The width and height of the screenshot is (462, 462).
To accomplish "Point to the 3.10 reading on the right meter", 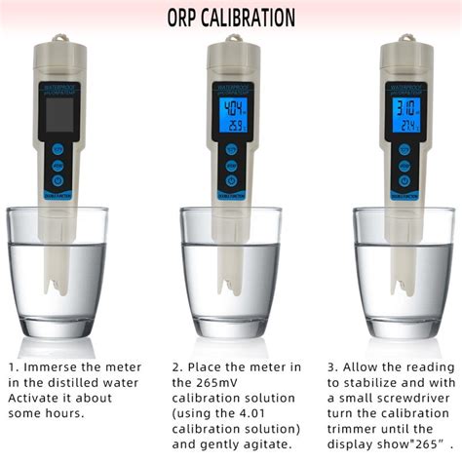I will coord(404,107).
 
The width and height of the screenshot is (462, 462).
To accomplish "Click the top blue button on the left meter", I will coord(58,151).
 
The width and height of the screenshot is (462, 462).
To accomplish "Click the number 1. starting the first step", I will coord(13,367).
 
